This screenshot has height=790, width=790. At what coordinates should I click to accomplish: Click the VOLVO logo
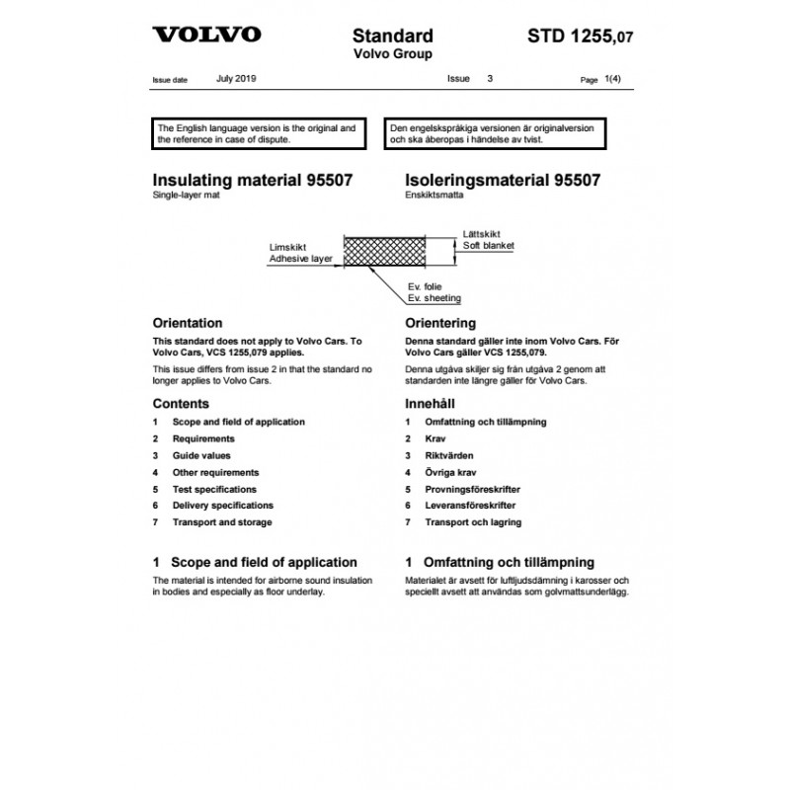click(x=206, y=35)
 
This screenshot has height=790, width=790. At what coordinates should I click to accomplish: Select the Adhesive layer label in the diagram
click(x=300, y=259)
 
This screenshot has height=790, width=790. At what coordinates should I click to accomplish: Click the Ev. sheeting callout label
click(x=434, y=297)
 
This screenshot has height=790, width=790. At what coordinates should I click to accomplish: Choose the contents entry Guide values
click(x=201, y=455)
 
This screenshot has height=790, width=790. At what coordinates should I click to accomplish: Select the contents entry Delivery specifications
click(x=223, y=506)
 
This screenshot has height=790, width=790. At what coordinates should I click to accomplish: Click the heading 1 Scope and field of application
click(x=255, y=561)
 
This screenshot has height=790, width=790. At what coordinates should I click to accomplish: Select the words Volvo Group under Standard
click(x=393, y=54)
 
